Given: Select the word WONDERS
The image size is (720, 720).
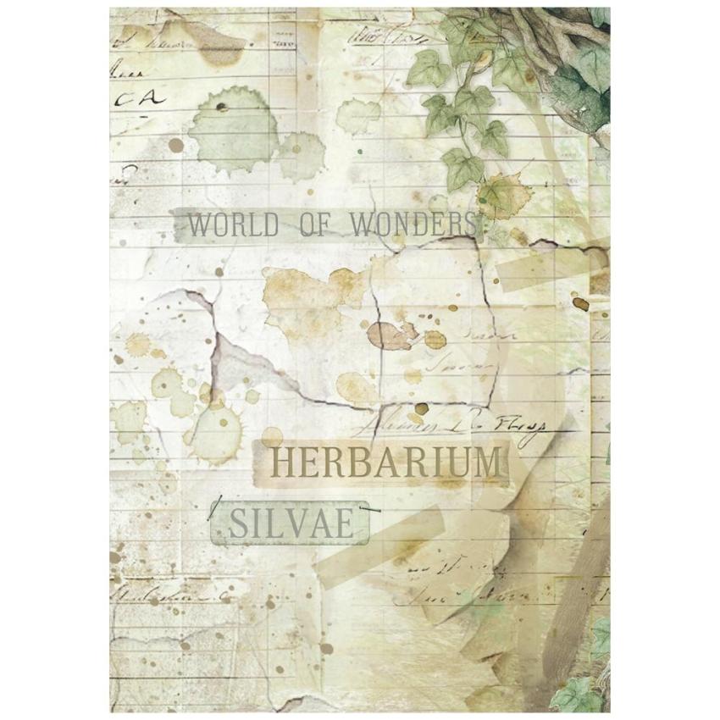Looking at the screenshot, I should point(414,225).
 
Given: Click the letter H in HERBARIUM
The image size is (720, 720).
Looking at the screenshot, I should point(283,463).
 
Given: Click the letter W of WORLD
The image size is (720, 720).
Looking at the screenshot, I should point(200,225).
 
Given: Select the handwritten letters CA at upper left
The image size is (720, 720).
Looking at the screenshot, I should point(137,100).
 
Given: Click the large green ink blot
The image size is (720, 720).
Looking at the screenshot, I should point(231,127).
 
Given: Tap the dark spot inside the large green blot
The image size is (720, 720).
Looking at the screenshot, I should point(222,108).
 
